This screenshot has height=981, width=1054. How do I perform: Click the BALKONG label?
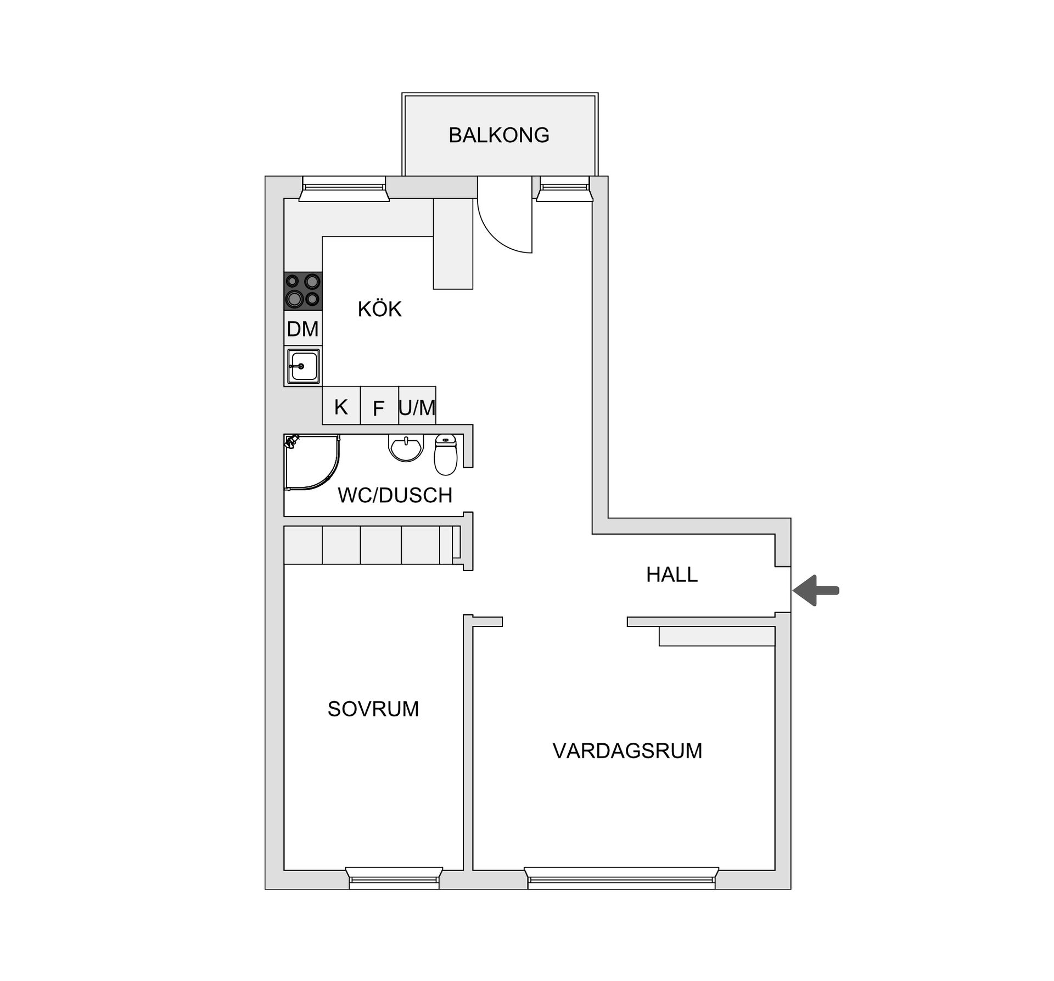(498, 135)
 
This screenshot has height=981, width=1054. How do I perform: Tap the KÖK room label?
(379, 310)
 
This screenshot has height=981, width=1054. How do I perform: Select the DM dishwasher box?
(302, 329)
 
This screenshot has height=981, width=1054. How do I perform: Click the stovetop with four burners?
(303, 291)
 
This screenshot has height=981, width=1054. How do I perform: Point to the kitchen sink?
(302, 366)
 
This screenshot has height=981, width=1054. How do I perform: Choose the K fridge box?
(341, 407)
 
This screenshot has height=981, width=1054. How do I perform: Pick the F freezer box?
(379, 408)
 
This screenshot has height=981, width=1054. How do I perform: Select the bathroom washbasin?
(406, 447)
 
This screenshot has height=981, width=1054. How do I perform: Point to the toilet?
(445, 455)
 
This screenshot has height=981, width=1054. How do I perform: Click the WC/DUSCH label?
(395, 495)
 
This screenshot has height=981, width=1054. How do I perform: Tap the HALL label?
(671, 574)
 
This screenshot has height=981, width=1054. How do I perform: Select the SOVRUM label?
(373, 709)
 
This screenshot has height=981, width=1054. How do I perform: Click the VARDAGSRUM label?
(627, 750)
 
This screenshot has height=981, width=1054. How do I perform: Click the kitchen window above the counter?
(344, 189)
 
